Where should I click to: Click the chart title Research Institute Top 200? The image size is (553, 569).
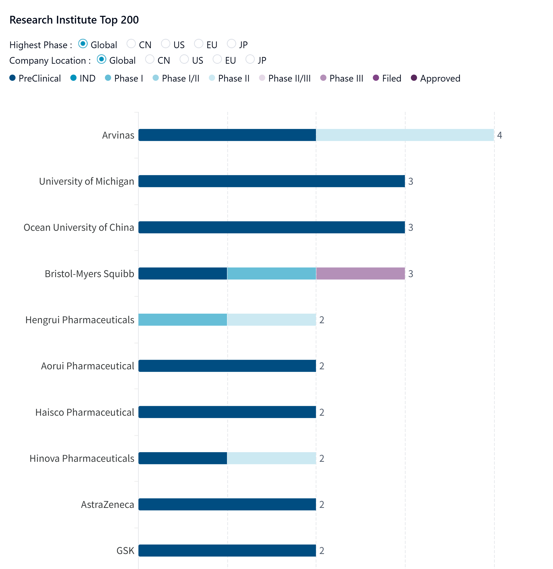point(74,20)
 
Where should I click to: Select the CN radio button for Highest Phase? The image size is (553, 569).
point(131,44)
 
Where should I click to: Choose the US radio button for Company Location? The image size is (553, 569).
point(184,59)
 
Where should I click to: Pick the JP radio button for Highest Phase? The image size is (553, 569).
point(231,44)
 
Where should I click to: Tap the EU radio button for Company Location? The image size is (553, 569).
point(217,59)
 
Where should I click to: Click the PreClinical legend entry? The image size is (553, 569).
point(35,78)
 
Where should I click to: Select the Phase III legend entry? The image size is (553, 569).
point(342,78)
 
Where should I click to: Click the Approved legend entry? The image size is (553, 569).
point(435,78)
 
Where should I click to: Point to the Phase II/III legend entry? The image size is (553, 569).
point(285,78)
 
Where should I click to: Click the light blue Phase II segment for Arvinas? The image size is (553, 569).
point(405,135)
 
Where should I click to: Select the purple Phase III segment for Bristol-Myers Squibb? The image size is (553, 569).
point(360,273)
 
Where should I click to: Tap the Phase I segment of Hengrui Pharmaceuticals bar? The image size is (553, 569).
point(183,320)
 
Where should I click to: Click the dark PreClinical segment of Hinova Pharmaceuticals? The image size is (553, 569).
point(183,458)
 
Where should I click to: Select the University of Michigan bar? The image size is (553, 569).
point(271,181)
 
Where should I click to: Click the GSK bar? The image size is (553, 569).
point(227,550)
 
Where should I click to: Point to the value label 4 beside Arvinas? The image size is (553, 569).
point(499,135)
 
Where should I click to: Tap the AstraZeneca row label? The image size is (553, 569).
point(108,505)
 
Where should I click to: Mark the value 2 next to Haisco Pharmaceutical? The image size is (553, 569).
point(322,412)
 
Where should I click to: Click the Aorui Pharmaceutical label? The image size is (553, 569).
point(87,366)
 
